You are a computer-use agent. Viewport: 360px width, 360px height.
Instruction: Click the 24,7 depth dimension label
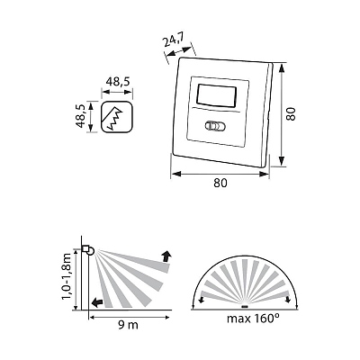tap(174, 41)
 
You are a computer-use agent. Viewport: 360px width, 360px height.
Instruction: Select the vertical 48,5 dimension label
tap(80, 115)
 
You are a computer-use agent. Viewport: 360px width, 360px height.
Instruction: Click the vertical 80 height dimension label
tap(291, 114)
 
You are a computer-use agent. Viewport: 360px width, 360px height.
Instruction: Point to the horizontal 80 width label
tap(220, 183)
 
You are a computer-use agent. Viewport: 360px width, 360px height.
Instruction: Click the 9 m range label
tap(128, 325)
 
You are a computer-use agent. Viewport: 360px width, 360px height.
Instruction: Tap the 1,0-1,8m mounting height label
tap(67, 276)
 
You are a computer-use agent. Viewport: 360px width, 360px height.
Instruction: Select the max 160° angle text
tap(251, 319)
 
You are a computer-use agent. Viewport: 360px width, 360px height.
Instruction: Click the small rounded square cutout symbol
tap(117, 117)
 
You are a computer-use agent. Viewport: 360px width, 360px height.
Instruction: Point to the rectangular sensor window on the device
tap(217, 95)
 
